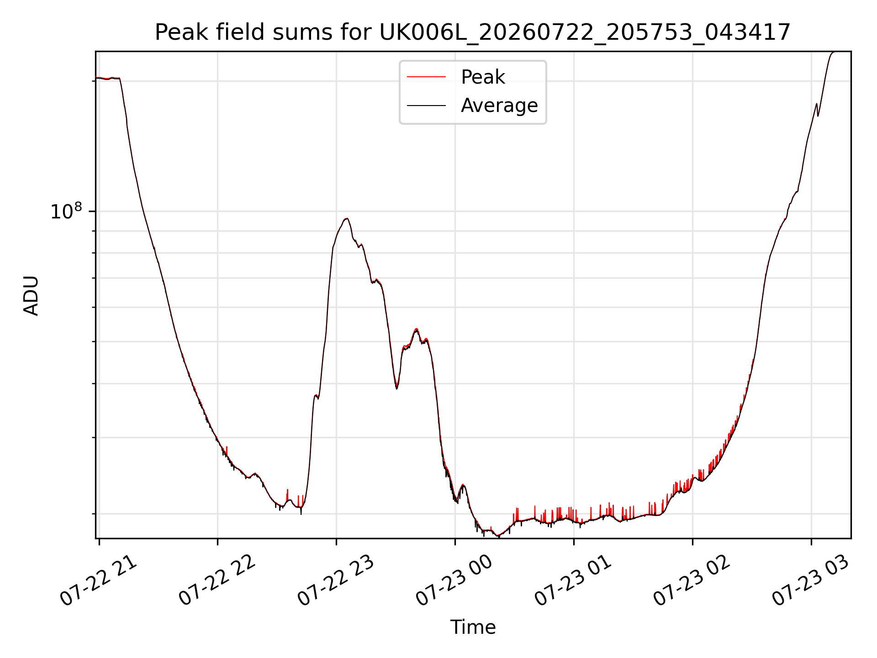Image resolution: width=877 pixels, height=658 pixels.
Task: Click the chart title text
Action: coord(473,32)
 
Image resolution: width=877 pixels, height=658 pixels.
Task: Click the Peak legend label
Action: coord(483,77)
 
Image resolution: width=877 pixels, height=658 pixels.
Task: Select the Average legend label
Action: coord(499,106)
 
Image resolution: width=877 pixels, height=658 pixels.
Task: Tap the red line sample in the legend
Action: coord(426,77)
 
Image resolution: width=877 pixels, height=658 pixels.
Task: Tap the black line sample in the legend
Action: coord(426,106)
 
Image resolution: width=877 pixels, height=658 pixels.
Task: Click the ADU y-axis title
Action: coord(31,295)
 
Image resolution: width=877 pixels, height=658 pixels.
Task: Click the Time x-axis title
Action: coord(473,627)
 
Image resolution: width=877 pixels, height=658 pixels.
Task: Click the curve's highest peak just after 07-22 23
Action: coord(347,218)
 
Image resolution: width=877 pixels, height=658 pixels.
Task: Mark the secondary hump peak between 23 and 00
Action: coord(416,329)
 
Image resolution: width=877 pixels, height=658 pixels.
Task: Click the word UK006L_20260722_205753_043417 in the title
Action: coord(585,33)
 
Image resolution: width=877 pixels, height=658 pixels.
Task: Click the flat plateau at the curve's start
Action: coord(108,79)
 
